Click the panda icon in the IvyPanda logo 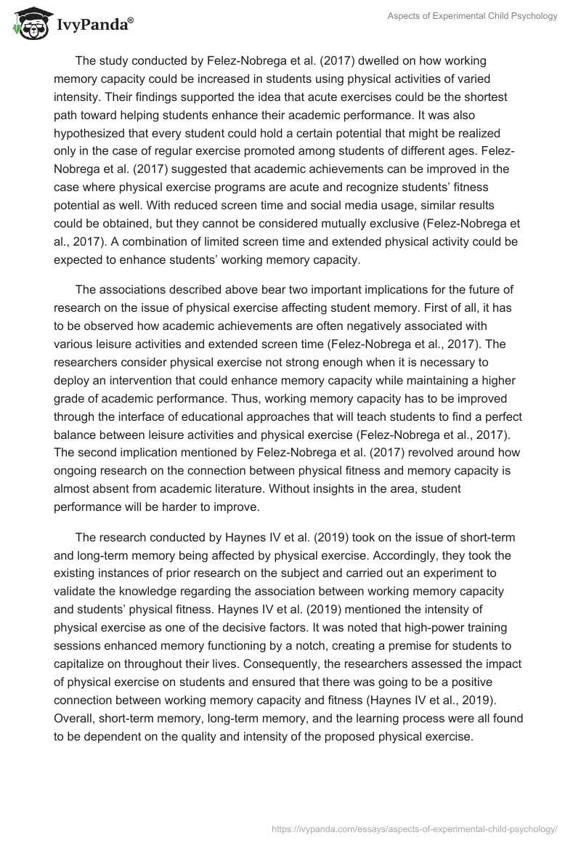coord(27,24)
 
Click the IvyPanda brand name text coord(90,25)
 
